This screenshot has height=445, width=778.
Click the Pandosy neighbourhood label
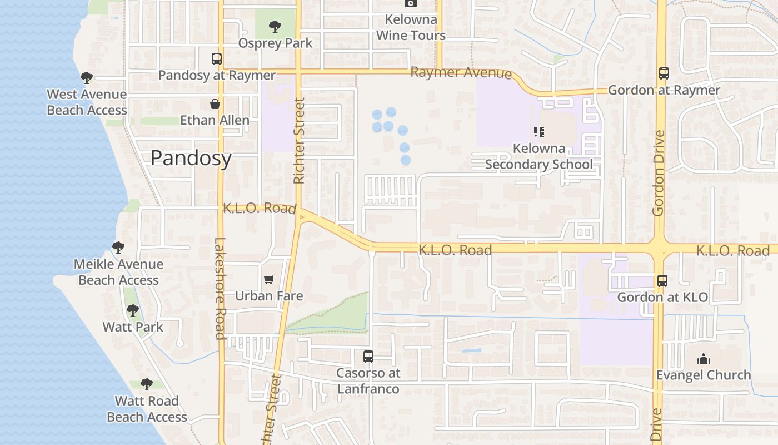click(x=191, y=159)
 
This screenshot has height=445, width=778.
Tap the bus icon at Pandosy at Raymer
click(x=217, y=59)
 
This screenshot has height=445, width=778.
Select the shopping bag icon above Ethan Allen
click(x=215, y=104)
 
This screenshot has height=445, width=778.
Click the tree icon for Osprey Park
click(x=275, y=26)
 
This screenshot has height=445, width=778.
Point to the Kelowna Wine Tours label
click(x=411, y=28)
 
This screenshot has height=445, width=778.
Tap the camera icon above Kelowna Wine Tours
click(x=411, y=3)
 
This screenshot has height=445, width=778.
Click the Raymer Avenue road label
click(x=461, y=72)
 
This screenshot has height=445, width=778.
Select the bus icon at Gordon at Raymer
click(x=664, y=73)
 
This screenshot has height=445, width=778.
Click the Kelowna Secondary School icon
click(x=538, y=132)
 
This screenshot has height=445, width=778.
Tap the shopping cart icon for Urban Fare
click(x=269, y=279)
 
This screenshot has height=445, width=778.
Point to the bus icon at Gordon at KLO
click(x=662, y=281)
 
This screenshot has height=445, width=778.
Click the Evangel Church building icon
click(x=704, y=359)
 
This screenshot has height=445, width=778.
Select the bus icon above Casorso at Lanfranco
click(x=368, y=357)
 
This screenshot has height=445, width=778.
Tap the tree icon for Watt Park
click(x=132, y=310)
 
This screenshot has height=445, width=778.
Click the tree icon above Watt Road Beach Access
click(x=147, y=384)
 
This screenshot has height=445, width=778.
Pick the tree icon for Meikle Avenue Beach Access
click(x=118, y=247)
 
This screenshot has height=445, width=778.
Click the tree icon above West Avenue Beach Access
click(x=86, y=77)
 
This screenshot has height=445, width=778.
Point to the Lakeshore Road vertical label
click(x=220, y=288)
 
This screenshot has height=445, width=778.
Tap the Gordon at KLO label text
click(x=662, y=298)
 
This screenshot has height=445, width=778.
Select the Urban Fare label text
click(x=269, y=296)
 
